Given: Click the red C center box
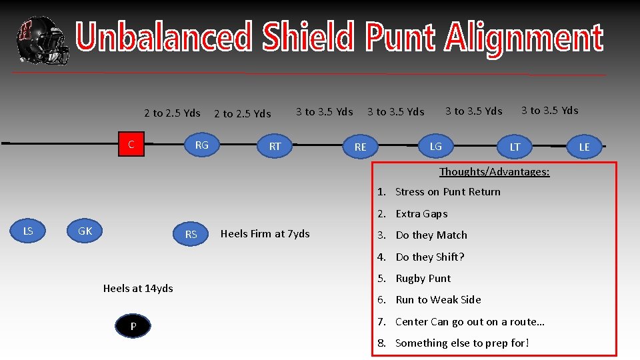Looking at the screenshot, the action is (131, 144).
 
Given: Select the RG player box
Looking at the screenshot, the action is (201, 145).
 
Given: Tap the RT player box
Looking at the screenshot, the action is (275, 146).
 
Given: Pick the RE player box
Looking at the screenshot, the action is (360, 147).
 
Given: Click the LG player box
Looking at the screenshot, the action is (435, 146).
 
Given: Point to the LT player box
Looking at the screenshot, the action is (515, 147).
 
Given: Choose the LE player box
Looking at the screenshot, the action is (584, 147).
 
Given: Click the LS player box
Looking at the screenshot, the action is (28, 231).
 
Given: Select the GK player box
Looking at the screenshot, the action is (85, 231).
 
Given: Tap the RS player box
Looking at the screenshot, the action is (191, 234).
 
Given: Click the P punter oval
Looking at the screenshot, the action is (133, 326).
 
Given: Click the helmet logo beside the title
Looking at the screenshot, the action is (41, 40).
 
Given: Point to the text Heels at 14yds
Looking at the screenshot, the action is (138, 288).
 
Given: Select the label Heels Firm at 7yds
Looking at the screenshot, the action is (265, 233).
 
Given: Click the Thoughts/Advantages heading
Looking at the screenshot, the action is (494, 172).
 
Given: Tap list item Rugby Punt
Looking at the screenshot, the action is (423, 278).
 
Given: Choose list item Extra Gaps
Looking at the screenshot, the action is (421, 213).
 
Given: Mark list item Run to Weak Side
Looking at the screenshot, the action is (438, 299).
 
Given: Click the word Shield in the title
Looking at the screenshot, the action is (309, 37).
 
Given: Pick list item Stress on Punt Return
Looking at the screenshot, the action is (447, 192).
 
